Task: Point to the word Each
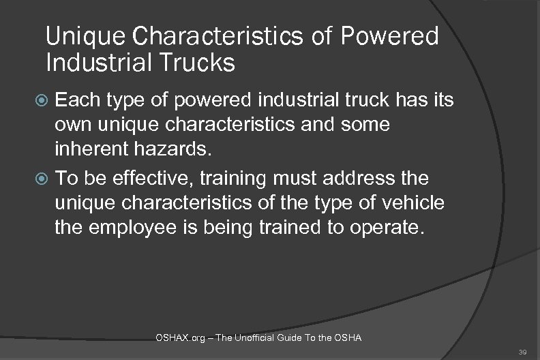(x=76, y=102)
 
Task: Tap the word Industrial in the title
(x=92, y=63)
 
